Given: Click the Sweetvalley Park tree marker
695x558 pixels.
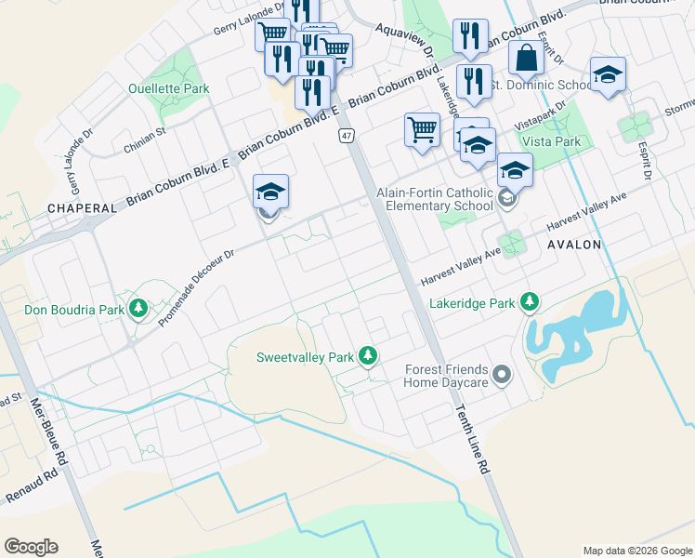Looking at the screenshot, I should [369, 356].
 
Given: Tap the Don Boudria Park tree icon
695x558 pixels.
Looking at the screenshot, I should [139, 308].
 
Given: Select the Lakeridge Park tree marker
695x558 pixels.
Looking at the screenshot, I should [530, 302].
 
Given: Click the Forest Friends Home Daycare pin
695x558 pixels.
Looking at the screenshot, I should [502, 375].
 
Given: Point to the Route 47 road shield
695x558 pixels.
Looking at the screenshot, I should [346, 136].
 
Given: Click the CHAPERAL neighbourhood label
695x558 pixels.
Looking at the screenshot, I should [83, 208].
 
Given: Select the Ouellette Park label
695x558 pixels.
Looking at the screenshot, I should [169, 89].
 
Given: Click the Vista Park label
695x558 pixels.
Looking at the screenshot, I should [551, 141].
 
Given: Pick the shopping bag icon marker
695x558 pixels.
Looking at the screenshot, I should [526, 59].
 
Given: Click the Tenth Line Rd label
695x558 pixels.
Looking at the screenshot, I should [472, 441].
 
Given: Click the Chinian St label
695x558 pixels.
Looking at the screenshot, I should [144, 141].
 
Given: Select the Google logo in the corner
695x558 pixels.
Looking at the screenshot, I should [31, 547].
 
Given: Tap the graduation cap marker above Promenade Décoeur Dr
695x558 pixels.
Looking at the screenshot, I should [270, 192].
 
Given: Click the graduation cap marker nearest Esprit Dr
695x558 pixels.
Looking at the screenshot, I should [608, 74].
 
